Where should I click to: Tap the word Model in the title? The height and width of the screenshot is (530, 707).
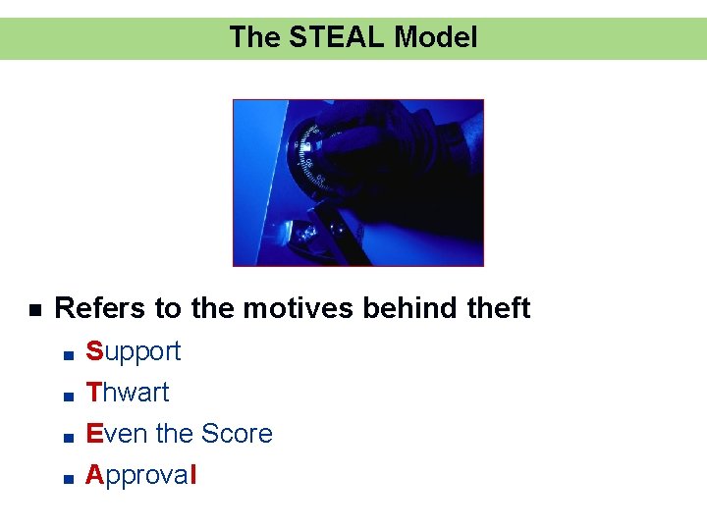(435, 37)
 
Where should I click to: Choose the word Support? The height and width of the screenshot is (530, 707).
(134, 351)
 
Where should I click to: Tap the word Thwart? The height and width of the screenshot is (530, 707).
(128, 393)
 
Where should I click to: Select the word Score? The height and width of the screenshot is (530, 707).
(237, 434)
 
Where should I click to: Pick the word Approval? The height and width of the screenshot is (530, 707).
(141, 475)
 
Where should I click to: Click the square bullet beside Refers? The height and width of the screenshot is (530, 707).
(34, 310)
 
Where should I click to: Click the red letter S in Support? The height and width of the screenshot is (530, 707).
(94, 351)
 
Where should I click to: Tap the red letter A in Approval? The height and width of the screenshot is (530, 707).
(94, 475)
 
